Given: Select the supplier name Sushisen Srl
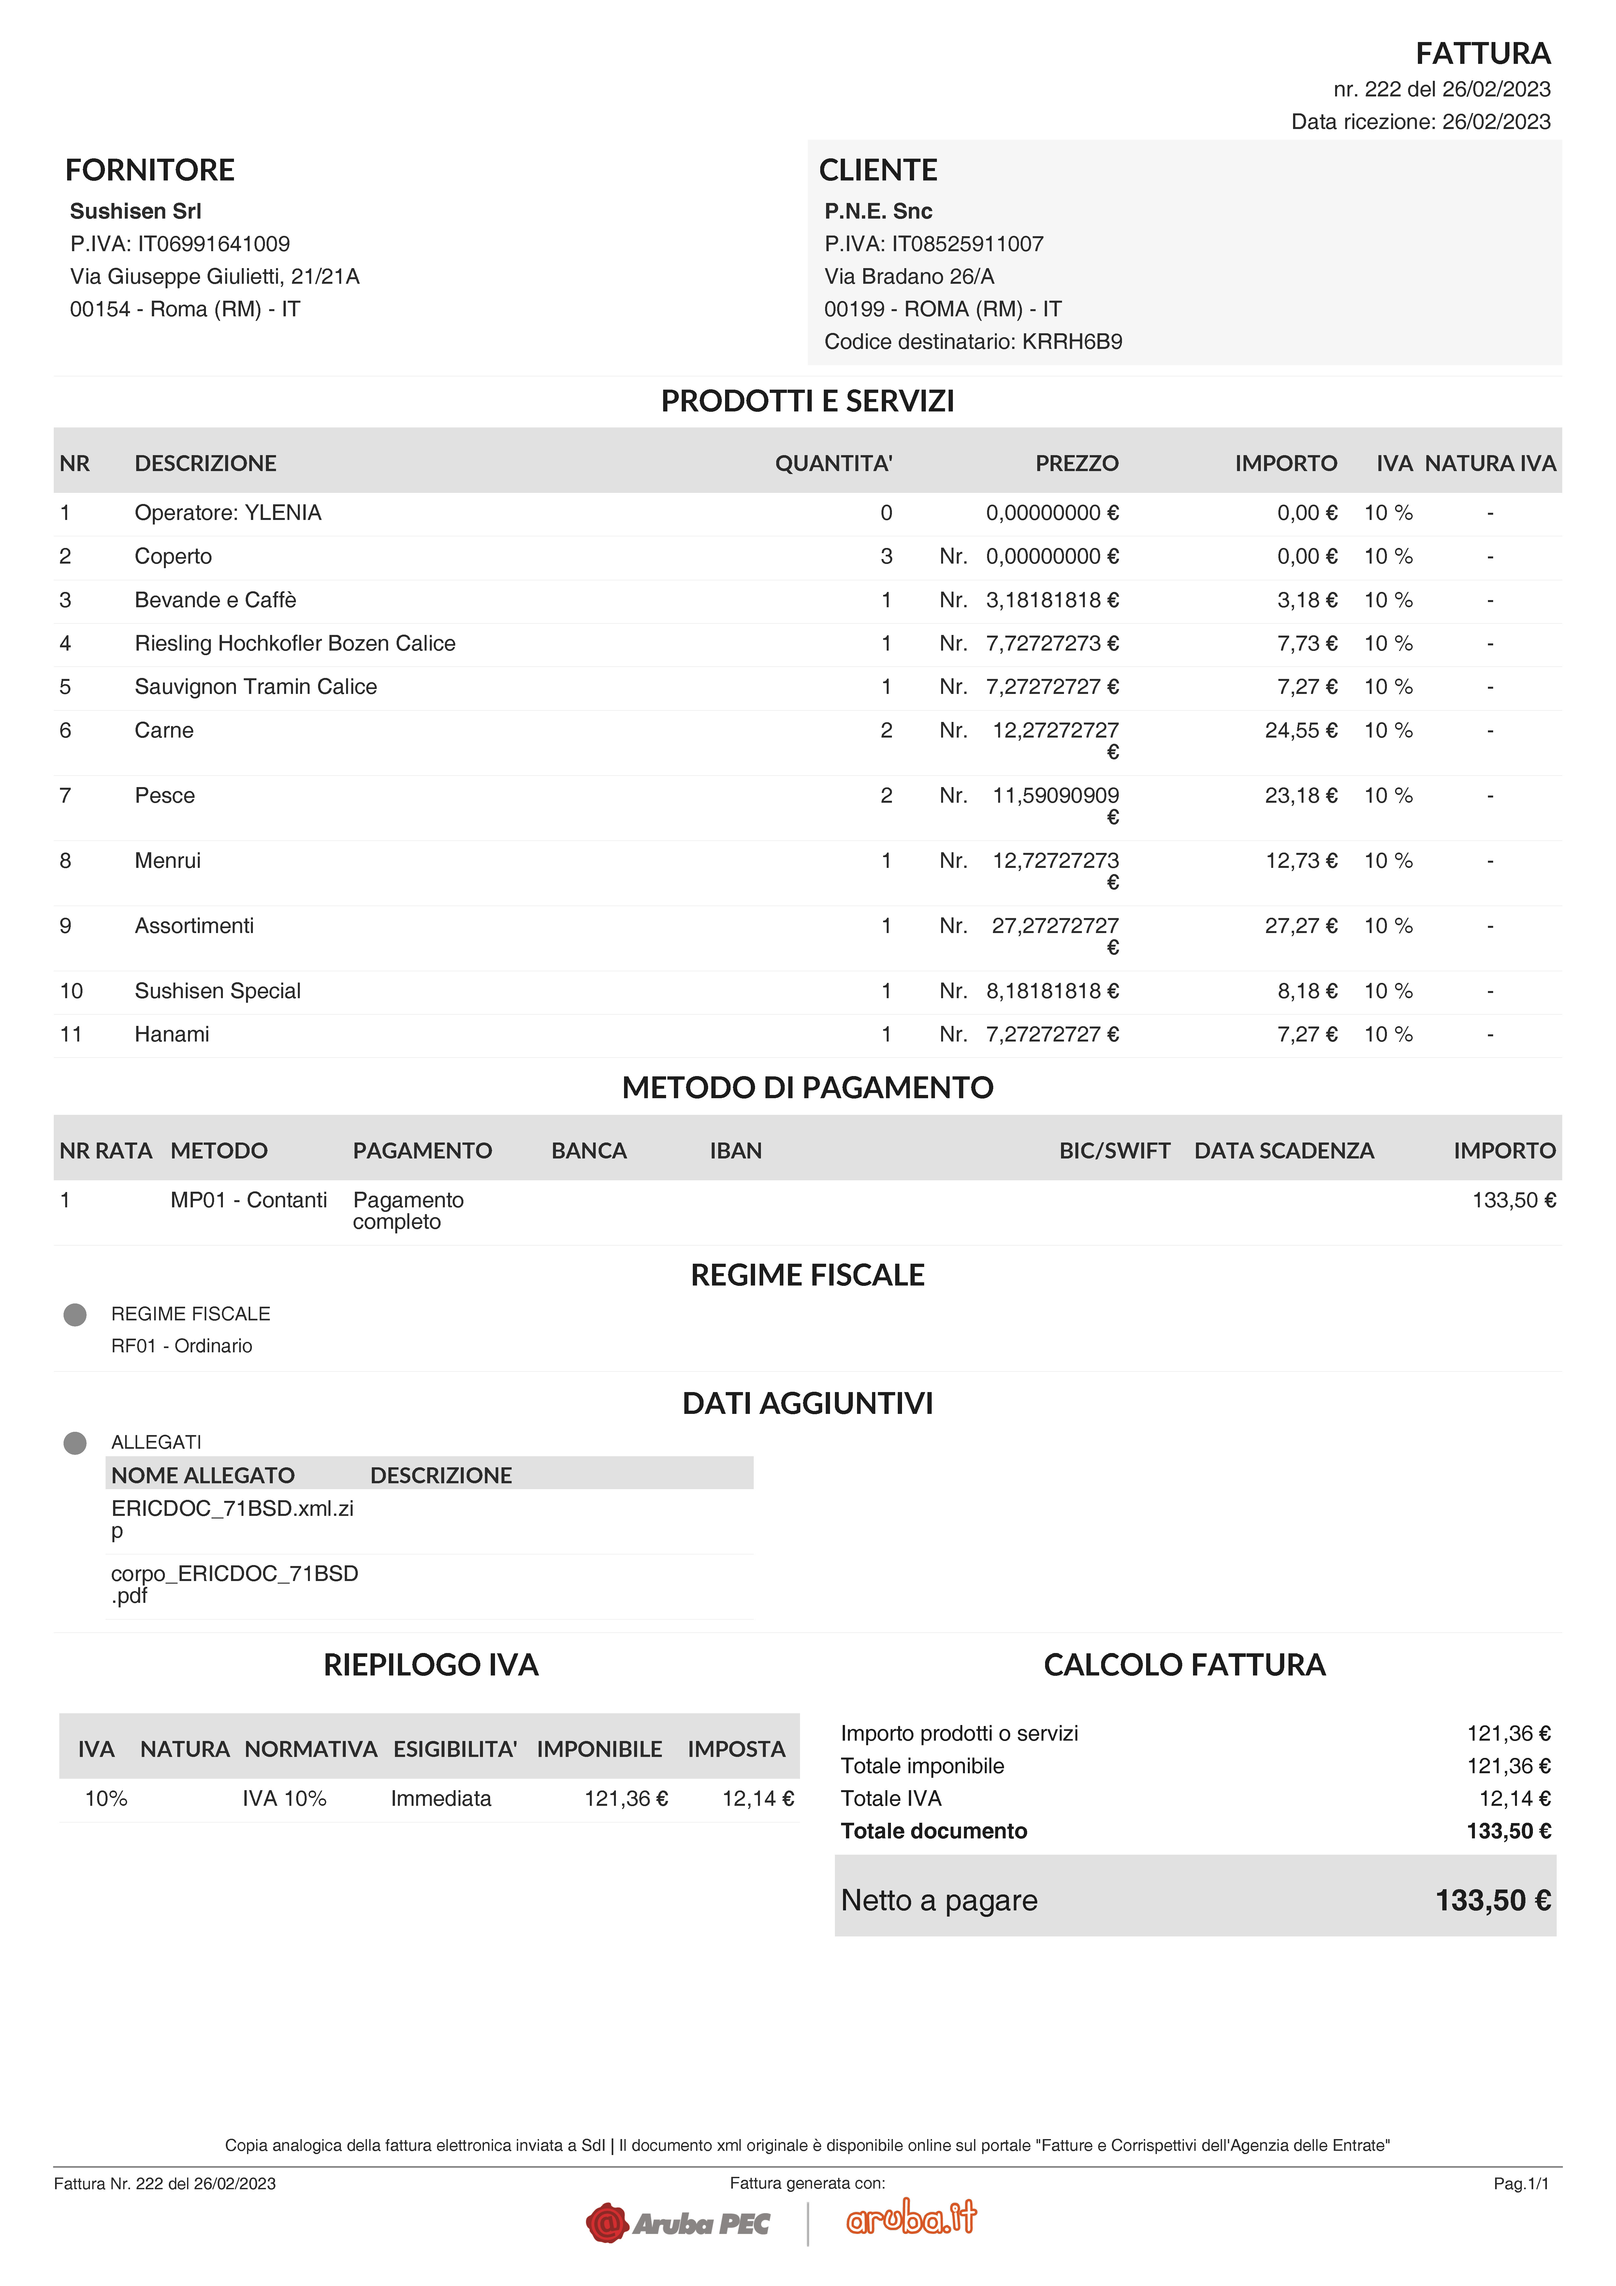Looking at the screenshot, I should coord(136,211).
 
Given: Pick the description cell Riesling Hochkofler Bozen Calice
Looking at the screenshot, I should coord(295,643).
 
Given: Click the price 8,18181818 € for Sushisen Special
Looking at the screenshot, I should coord(1052,991).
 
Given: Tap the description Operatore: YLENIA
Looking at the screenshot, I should coord(228,513).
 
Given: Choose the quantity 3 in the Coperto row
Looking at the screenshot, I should coord(886,556).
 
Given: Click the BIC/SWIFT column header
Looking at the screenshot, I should coord(1114,1151).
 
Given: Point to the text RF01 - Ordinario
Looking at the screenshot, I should coord(181,1346).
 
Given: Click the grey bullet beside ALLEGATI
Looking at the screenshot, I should coord(75,1443).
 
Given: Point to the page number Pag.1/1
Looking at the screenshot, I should coord(1521,2183).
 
